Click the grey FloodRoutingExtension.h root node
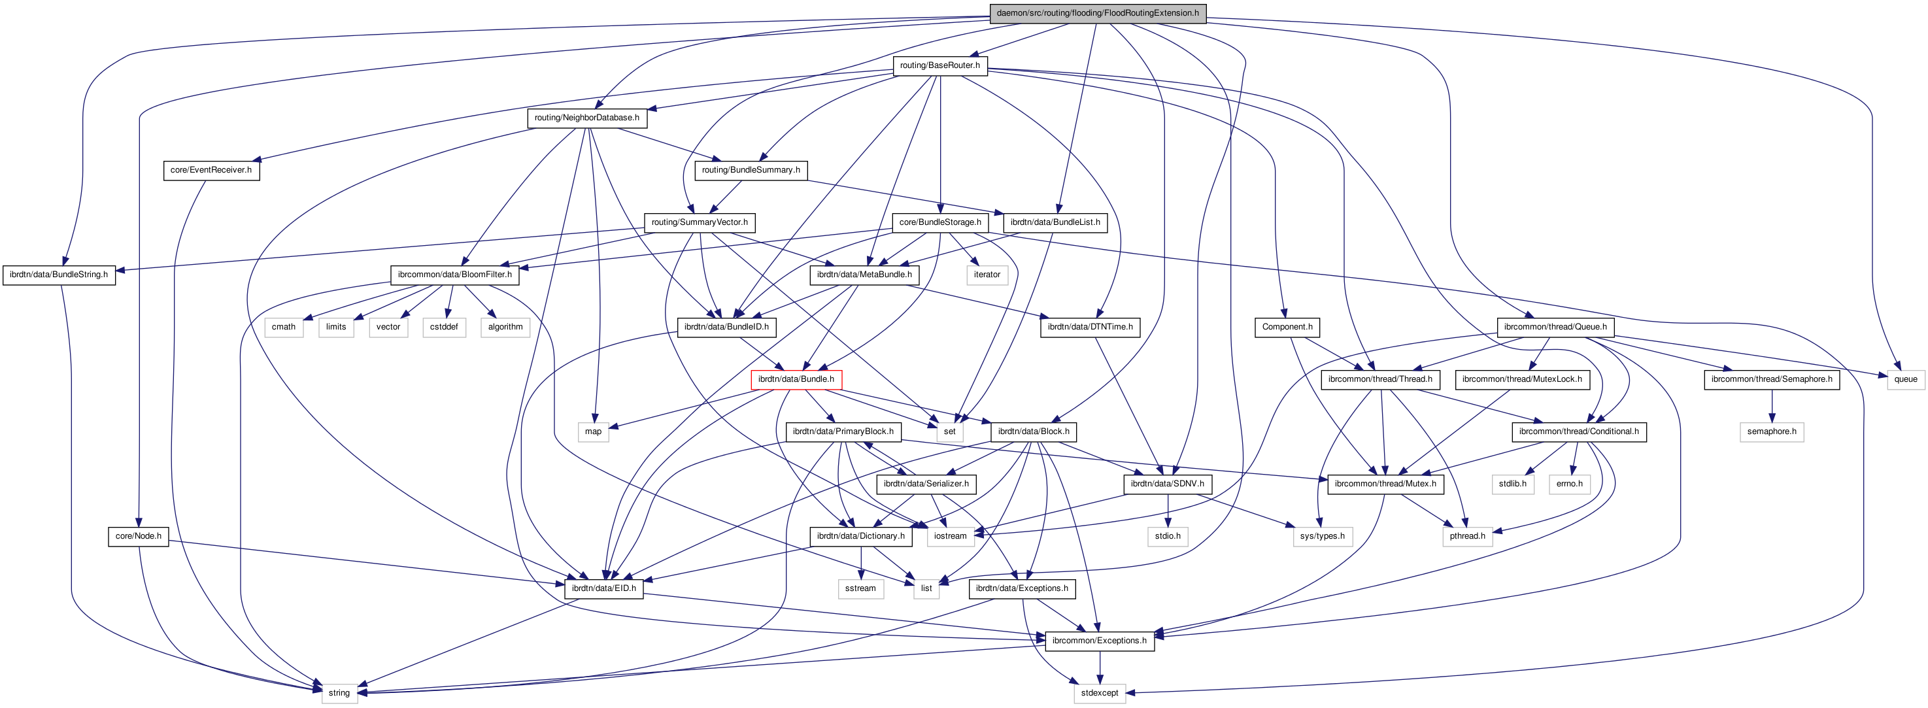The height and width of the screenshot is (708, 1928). tap(1097, 12)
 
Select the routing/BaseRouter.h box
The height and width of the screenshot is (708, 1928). tap(939, 65)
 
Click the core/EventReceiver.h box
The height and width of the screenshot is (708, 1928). tap(211, 170)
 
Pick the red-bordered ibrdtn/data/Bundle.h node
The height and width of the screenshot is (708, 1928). tap(796, 379)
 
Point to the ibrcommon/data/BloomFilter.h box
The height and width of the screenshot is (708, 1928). tap(454, 275)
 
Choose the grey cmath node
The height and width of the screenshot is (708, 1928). tap(284, 327)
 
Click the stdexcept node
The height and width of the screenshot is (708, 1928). tap(1100, 693)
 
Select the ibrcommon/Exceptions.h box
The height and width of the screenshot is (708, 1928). tap(1099, 641)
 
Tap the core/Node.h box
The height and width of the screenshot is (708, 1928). tap(139, 536)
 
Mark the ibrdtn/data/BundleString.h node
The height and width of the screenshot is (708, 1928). tap(58, 275)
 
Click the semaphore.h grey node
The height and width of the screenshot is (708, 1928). tap(1771, 432)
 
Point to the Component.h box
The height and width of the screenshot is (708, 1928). tap(1287, 327)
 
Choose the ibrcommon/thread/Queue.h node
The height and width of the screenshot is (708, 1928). tap(1555, 327)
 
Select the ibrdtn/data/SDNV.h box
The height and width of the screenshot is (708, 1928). tap(1167, 484)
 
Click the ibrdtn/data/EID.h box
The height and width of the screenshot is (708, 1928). tap(603, 588)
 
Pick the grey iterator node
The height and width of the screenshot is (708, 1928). tap(987, 275)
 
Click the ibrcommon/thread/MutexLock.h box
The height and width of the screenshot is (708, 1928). tap(1521, 379)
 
